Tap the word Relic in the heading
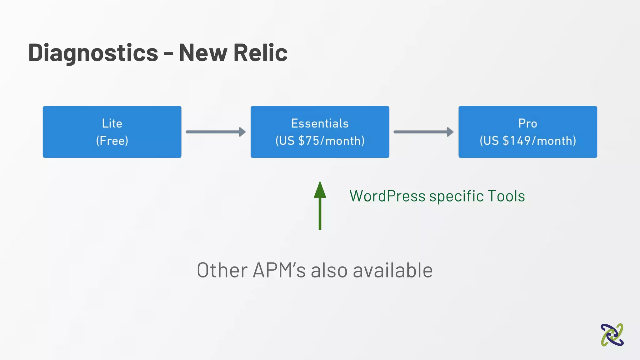(260, 52)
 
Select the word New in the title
(203, 52)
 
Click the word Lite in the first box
(112, 123)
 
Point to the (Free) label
(112, 141)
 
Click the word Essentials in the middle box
(320, 123)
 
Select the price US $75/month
(320, 141)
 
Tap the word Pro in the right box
(527, 123)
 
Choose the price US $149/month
(527, 141)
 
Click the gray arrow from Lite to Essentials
(216, 132)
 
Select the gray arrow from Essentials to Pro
(423, 132)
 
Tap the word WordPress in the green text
(387, 196)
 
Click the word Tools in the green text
(506, 196)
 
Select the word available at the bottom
(393, 270)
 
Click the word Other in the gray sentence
(222, 270)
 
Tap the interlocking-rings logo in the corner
(612, 335)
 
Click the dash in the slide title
(168, 54)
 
